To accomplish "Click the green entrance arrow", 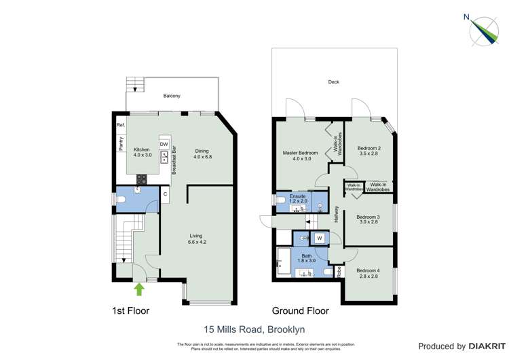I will tap(139, 289).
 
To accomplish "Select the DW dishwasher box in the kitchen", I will tap(164, 144).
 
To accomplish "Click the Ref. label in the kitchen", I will tap(120, 126).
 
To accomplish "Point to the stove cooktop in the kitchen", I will tap(142, 179).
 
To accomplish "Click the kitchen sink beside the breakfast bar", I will tap(164, 158).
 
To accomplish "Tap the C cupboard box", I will tap(164, 194).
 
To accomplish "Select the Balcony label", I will tap(172, 96).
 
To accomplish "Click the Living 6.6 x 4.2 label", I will tap(196, 238).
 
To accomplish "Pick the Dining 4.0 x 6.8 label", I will tap(202, 154).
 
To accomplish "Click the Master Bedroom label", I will tap(300, 156).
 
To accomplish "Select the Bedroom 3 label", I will tap(369, 219).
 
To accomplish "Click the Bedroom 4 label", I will tap(369, 273).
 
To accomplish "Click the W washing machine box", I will tap(319, 238).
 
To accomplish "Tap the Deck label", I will tap(333, 82).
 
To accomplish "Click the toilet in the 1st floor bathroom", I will tap(121, 200).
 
